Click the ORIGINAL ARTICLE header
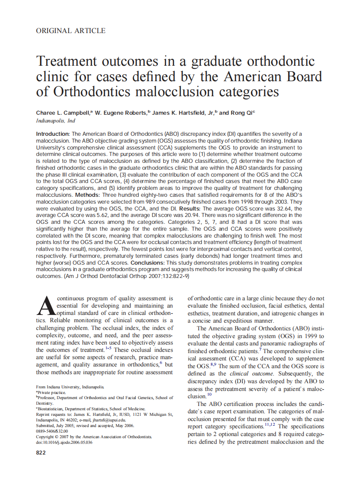pos(71,31)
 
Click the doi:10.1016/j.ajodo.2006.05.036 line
pos(64,442)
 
